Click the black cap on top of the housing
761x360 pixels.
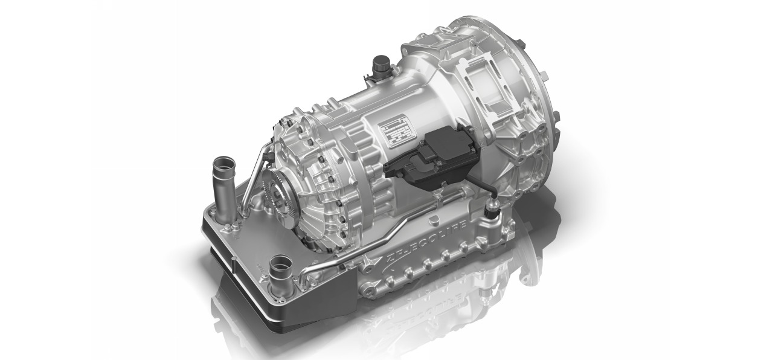point(381,62)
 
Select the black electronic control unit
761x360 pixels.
point(430,153)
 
